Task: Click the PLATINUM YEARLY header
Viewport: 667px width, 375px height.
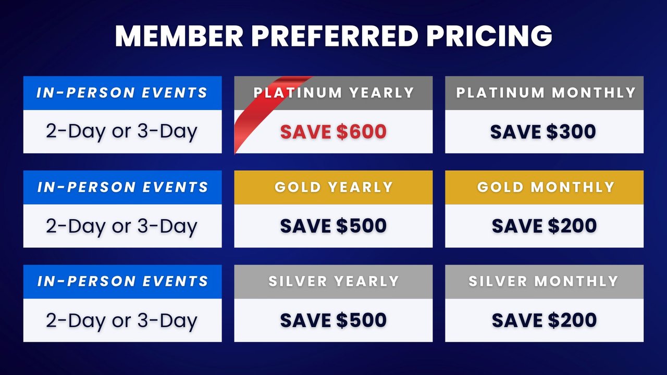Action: point(333,93)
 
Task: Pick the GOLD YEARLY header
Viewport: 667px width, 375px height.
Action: point(333,187)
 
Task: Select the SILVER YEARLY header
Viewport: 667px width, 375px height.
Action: point(333,281)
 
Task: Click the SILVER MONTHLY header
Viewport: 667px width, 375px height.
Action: point(544,281)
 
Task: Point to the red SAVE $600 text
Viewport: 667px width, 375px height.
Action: point(333,132)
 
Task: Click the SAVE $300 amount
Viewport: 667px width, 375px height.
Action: point(544,132)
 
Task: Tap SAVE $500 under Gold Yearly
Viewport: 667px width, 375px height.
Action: point(333,226)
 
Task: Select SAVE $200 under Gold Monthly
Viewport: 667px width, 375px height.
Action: point(544,226)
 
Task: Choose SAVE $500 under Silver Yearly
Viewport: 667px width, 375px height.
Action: point(333,320)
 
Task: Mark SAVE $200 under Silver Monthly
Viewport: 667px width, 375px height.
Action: point(544,320)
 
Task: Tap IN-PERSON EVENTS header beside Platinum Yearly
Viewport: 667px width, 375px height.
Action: point(122,93)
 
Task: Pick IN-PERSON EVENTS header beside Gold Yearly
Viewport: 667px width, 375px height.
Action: point(122,187)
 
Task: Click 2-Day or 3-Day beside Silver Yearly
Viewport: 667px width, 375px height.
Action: point(122,320)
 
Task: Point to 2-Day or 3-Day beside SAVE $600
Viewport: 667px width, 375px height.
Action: point(122,132)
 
